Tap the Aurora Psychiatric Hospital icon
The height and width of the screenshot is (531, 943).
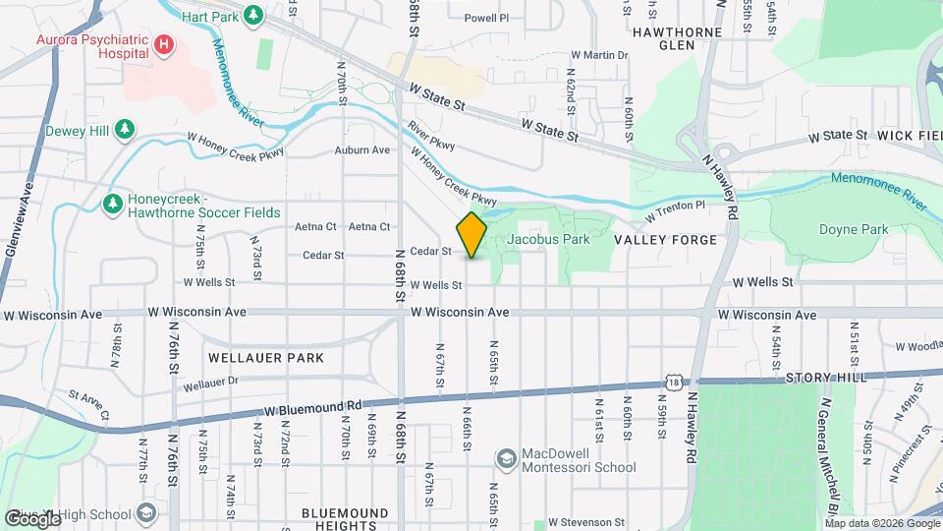click(164, 44)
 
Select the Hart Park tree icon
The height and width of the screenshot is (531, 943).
click(253, 15)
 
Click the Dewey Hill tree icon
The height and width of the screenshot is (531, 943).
click(124, 129)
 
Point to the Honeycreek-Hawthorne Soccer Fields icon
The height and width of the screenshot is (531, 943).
click(113, 204)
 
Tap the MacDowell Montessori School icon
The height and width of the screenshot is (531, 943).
click(505, 460)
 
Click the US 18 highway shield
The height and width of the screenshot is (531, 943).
click(673, 380)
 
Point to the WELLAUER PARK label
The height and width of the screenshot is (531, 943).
click(265, 358)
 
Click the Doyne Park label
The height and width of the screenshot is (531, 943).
click(854, 230)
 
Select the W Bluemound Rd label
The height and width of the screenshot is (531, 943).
click(313, 408)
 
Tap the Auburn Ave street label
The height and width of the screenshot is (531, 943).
click(362, 150)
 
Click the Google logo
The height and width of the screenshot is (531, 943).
click(32, 517)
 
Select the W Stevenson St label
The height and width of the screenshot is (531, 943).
click(586, 522)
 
